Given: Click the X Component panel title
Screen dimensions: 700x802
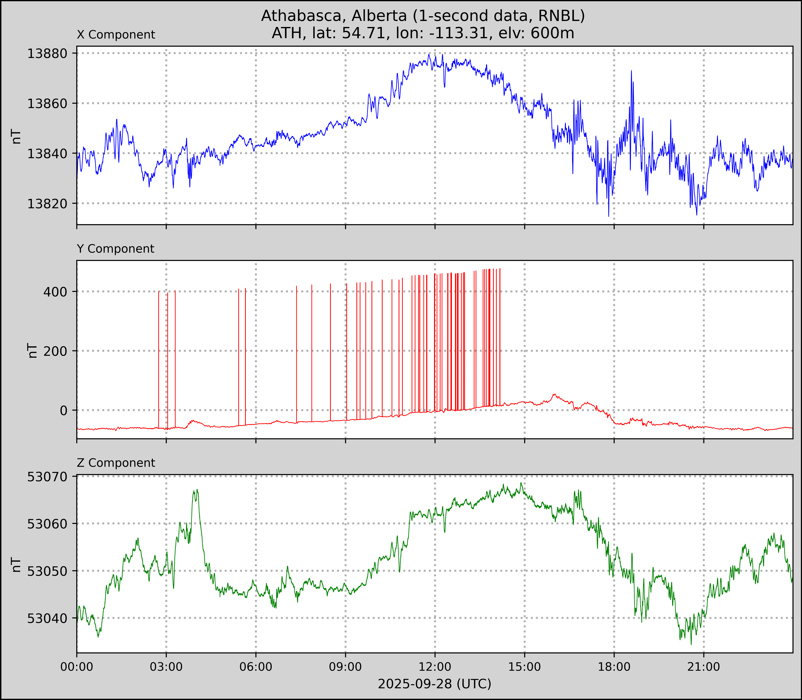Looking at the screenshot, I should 116,35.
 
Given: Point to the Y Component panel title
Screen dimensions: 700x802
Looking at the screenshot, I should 116,249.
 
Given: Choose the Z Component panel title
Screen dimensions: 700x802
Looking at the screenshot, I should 116,463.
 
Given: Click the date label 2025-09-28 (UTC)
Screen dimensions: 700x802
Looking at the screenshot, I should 434,684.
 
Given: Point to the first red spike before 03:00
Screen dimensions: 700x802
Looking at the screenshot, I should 158,292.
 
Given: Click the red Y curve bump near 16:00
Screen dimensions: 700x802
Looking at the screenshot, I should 554,394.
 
